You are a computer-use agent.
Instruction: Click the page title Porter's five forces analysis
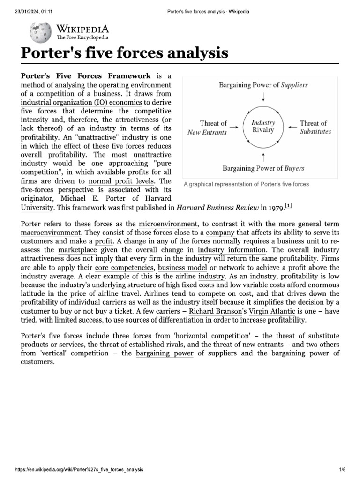tap(125, 53)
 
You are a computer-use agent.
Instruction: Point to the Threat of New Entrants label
tap(207, 127)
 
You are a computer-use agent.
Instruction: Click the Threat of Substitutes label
tap(315, 127)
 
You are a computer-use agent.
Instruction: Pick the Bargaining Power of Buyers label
tap(263, 168)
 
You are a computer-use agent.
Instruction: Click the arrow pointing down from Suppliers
tap(263, 97)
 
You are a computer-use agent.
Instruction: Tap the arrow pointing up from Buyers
tap(263, 156)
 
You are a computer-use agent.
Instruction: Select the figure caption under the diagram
tap(246, 184)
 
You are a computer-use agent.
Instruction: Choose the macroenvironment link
tap(51, 232)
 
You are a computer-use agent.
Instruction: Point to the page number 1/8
tap(342, 469)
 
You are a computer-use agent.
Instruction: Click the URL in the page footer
tap(79, 469)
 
